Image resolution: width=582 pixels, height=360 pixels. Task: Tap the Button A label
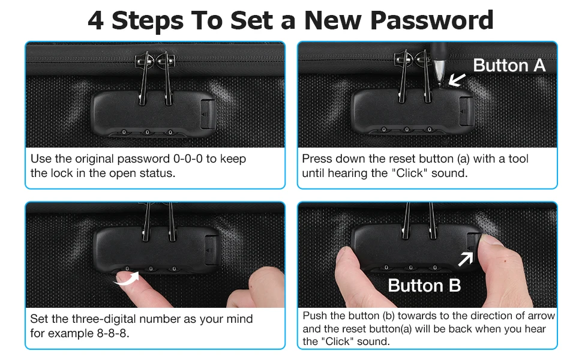(509, 65)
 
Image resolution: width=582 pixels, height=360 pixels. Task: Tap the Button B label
(424, 286)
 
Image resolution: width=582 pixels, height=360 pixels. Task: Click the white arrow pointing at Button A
(457, 79)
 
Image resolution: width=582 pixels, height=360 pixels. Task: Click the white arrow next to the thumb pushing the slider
(466, 259)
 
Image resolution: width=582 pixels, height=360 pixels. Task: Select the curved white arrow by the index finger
(127, 279)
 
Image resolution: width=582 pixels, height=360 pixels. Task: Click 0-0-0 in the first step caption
(188, 159)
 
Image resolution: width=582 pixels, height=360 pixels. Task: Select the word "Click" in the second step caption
(409, 173)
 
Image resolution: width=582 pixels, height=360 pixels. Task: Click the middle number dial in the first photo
(147, 132)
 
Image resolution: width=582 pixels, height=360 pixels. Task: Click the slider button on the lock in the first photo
(207, 114)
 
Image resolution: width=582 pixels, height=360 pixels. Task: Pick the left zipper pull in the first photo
(143, 78)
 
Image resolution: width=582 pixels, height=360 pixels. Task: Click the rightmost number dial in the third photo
(174, 269)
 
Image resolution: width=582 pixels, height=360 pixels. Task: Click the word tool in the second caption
(518, 159)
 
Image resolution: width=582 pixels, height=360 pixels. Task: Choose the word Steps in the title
(148, 21)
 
